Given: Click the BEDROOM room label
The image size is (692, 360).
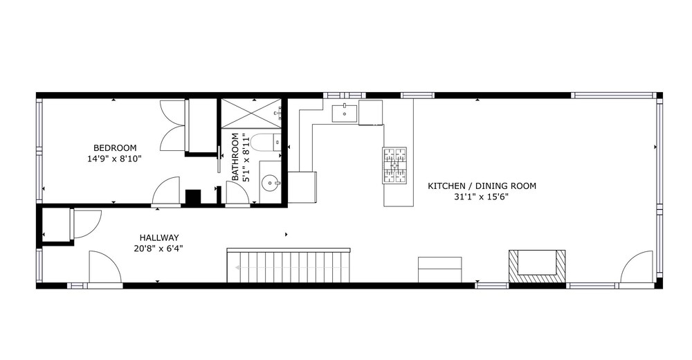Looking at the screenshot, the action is [x=115, y=148].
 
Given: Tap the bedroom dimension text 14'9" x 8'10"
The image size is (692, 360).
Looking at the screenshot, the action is [x=114, y=159].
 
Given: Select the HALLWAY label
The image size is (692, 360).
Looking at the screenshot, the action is [x=159, y=237].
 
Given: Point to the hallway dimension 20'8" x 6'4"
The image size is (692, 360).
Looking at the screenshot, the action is [x=158, y=249].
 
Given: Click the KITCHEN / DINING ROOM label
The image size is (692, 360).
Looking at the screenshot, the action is [x=482, y=186].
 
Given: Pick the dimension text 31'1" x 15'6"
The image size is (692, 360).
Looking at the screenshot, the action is [x=482, y=197].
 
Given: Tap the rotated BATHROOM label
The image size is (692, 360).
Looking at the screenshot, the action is [x=235, y=157].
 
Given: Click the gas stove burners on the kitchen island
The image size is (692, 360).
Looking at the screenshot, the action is [x=394, y=165].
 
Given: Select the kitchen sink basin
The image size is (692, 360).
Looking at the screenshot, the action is [x=344, y=112].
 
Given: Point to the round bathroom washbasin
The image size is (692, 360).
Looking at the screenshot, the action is [x=270, y=183].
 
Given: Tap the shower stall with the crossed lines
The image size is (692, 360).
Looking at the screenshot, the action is [x=251, y=114].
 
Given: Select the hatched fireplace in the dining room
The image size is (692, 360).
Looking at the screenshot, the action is [x=537, y=267].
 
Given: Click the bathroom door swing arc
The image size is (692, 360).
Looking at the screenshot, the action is [x=238, y=193].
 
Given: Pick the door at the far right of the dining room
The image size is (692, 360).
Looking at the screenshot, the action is [x=637, y=267].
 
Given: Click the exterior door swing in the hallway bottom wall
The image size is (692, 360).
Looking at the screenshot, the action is [x=105, y=267].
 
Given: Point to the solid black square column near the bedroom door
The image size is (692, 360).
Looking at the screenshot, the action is [x=193, y=197].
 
